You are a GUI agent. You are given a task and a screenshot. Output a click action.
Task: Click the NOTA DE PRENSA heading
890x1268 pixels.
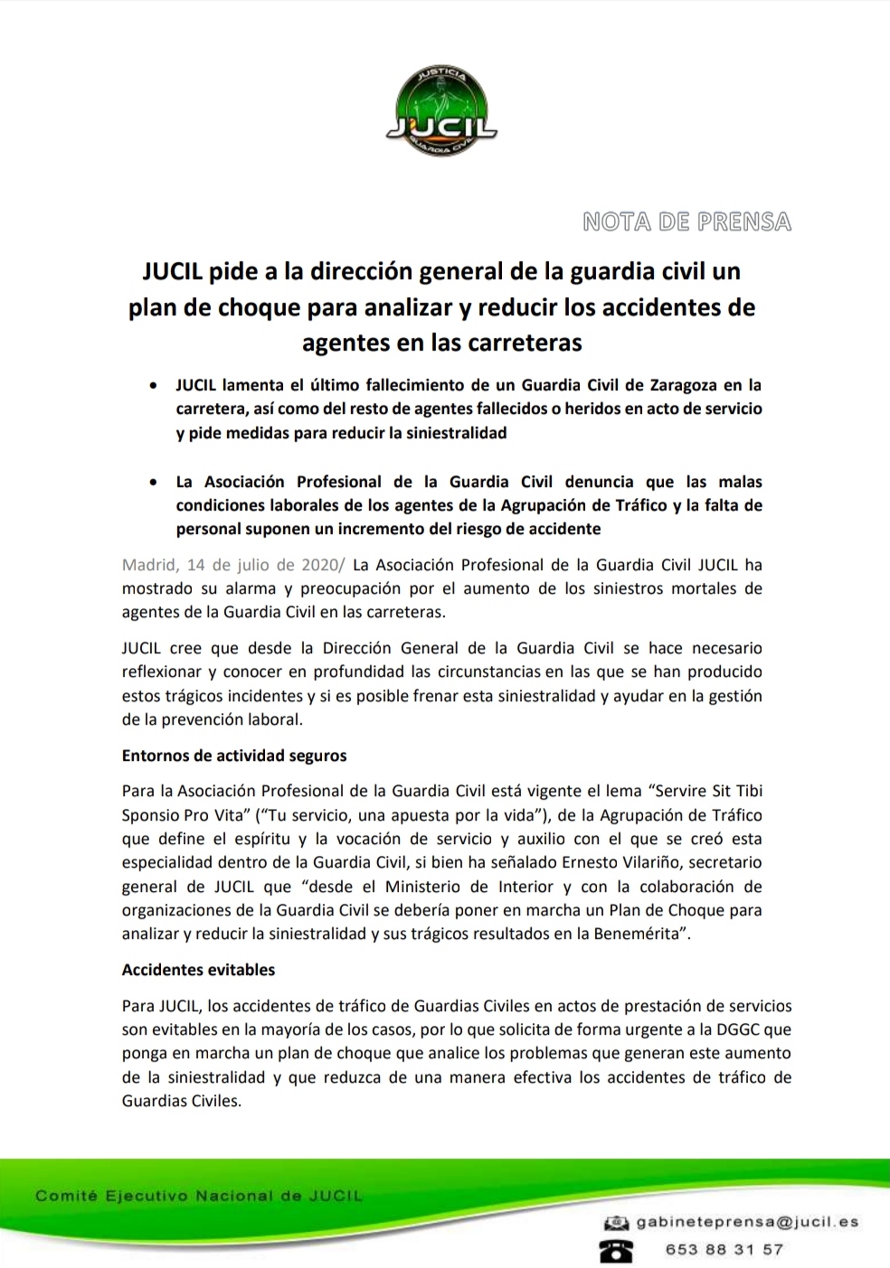686,221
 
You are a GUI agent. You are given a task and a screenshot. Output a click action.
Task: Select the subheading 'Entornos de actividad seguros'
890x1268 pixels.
234,756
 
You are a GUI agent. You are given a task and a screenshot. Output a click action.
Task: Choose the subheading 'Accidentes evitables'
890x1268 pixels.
198,970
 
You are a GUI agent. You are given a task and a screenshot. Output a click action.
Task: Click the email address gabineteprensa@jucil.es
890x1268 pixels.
747,1222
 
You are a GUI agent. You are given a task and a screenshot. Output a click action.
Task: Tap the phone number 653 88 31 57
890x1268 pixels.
724,1250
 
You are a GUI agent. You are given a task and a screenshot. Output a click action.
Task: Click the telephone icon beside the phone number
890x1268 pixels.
616,1250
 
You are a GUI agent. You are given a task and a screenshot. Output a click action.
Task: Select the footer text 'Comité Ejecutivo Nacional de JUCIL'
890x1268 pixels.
198,1197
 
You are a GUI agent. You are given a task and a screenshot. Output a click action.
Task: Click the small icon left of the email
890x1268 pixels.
616,1223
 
